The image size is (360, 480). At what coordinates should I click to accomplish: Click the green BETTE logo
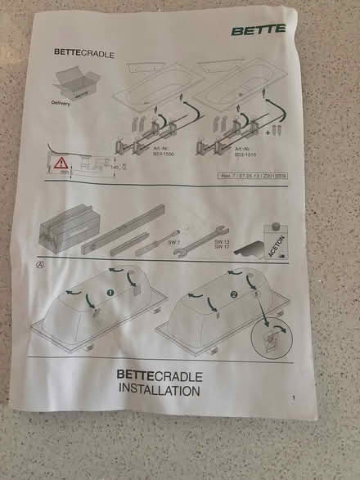(x=258, y=30)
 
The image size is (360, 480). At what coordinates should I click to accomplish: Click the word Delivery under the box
(x=61, y=104)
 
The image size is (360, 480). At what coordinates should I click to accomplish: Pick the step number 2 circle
(x=234, y=294)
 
